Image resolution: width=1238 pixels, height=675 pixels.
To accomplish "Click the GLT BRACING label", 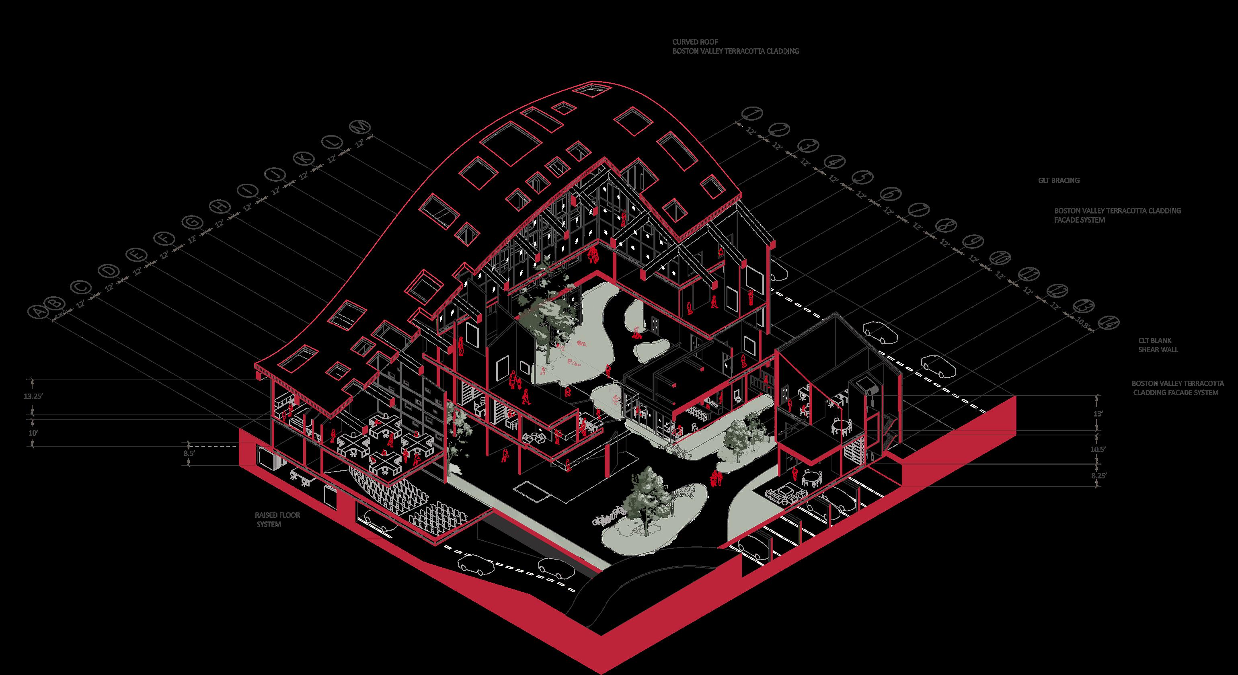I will click(x=1058, y=181).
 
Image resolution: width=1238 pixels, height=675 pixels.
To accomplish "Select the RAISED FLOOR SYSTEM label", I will click(x=277, y=519).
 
